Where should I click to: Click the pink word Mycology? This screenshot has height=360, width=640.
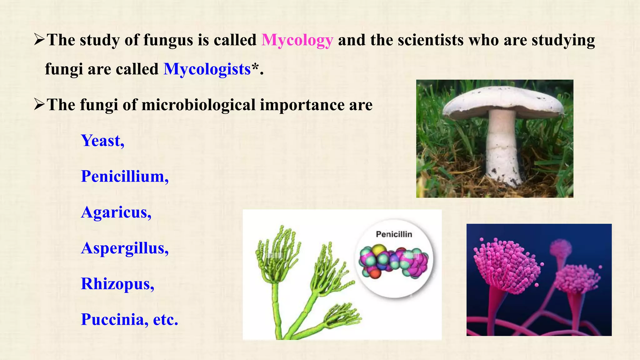tap(297, 40)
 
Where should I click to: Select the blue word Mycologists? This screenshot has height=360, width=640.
tap(207, 69)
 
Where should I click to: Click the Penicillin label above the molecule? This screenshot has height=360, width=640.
tap(394, 234)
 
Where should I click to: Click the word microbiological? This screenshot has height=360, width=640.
tap(198, 105)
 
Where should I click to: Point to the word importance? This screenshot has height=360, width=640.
tap(302, 105)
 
